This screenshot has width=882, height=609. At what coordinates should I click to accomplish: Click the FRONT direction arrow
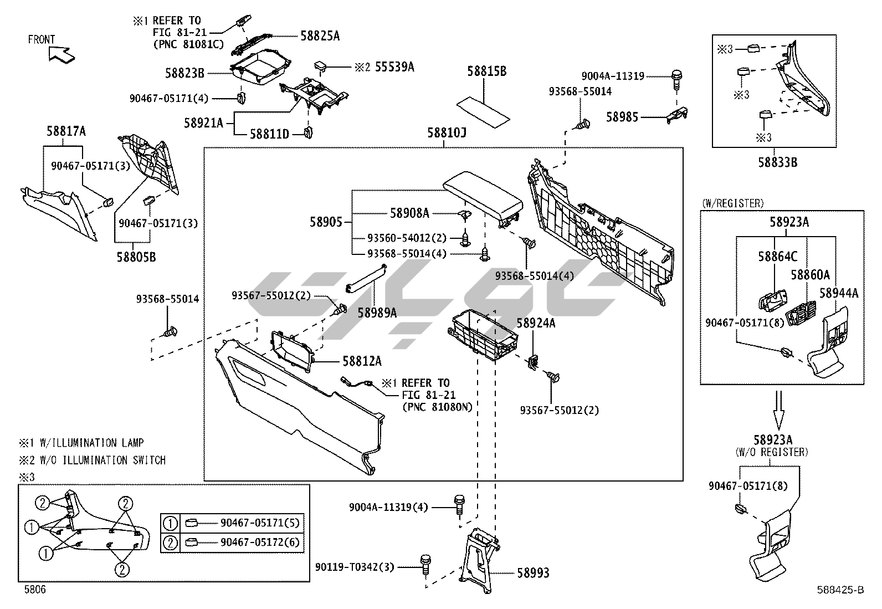click(x=60, y=54)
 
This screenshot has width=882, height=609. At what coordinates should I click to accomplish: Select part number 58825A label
click(x=320, y=36)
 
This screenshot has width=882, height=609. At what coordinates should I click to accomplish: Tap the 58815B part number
click(x=486, y=71)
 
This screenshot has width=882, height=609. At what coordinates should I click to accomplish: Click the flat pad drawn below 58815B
click(x=483, y=111)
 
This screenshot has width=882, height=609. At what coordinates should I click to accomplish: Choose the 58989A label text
click(x=377, y=313)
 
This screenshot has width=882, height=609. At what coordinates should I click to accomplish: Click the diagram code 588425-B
click(x=839, y=590)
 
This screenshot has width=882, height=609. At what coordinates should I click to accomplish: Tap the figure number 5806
click(x=34, y=590)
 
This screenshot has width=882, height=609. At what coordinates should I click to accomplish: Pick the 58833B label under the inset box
click(x=777, y=162)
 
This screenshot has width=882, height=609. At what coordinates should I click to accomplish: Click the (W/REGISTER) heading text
click(x=732, y=203)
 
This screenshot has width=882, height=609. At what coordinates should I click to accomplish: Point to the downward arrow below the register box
click(x=778, y=407)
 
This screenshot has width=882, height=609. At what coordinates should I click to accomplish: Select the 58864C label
click(x=778, y=257)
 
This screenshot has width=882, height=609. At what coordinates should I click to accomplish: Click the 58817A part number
click(x=66, y=131)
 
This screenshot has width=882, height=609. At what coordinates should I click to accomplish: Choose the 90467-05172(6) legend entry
click(x=260, y=542)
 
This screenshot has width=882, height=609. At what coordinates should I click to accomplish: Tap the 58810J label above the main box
click(x=447, y=133)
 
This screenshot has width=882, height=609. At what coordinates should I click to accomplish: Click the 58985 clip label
click(x=622, y=117)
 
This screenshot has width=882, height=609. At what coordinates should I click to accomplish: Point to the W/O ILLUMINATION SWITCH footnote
click(x=93, y=460)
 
